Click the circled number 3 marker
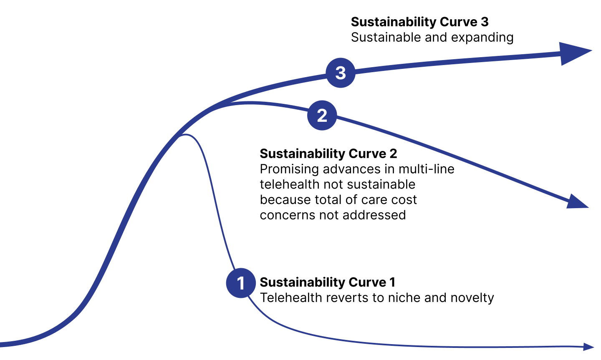click(x=341, y=73)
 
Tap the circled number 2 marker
click(x=322, y=116)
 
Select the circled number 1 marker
click(x=241, y=283)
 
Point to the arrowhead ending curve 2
click(x=577, y=202)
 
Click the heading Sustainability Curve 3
click(x=419, y=22)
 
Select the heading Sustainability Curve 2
click(x=328, y=154)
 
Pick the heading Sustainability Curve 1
click(x=328, y=282)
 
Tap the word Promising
click(x=290, y=169)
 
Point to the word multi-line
click(x=427, y=169)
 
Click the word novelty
click(x=472, y=298)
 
